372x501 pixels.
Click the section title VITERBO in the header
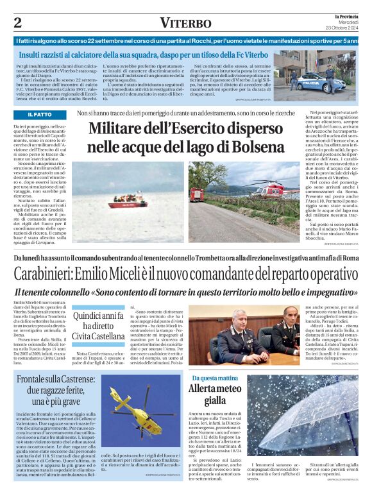tap(185, 23)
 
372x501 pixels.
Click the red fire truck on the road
tap(198, 192)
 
